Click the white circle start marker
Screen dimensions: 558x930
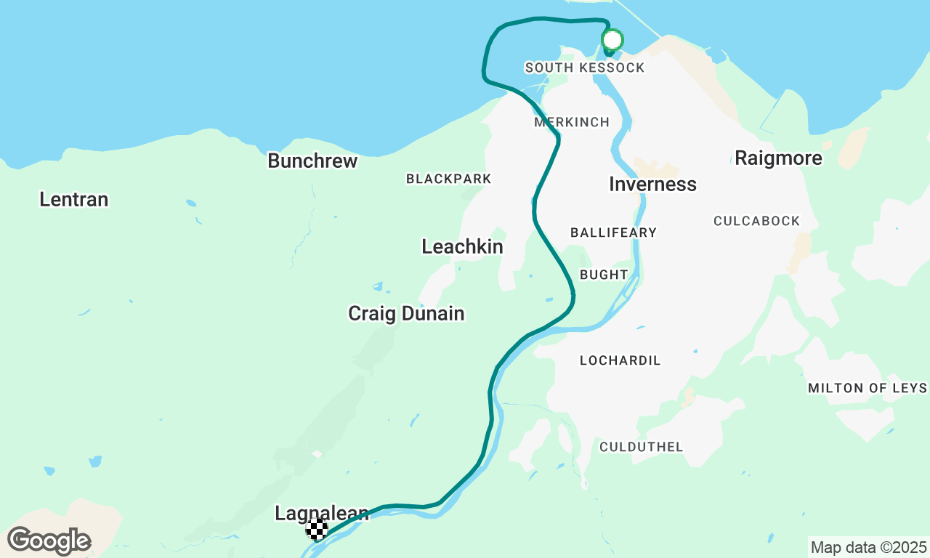(x=612, y=39)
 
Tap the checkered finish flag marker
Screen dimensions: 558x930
(x=317, y=530)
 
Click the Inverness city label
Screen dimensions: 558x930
(x=652, y=185)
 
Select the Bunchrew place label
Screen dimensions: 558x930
(x=312, y=161)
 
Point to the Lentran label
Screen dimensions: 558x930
(x=74, y=199)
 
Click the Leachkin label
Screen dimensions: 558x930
(x=462, y=247)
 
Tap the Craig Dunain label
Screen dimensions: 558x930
(x=406, y=314)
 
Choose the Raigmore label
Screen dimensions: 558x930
(x=778, y=158)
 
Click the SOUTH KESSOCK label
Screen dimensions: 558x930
(x=585, y=68)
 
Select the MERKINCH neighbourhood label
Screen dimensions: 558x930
(x=572, y=122)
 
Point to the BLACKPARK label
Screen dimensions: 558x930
(x=449, y=179)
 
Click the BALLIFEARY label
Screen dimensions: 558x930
(x=613, y=232)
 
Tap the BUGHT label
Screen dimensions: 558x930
(x=604, y=275)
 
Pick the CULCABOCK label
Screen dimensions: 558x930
(x=756, y=221)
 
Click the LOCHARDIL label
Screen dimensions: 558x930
(x=620, y=360)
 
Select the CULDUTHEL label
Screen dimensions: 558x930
(x=641, y=447)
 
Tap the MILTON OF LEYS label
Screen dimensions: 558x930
(x=868, y=388)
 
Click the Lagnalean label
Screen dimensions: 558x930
(x=321, y=514)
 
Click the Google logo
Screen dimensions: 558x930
(x=49, y=541)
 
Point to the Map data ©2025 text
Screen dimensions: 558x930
(x=868, y=547)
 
